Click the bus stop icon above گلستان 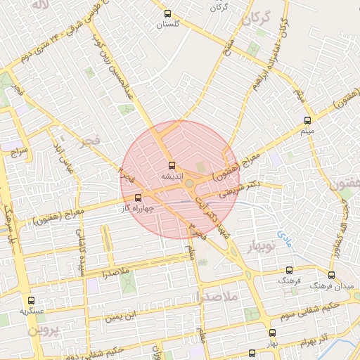[x=167, y=13]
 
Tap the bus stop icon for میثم [x=307, y=120]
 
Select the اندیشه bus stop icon [x=171, y=165]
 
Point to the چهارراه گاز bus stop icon [x=137, y=198]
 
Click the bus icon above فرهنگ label [x=289, y=270]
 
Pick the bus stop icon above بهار [x=272, y=333]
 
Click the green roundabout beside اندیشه [x=190, y=184]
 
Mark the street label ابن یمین [x=119, y=318]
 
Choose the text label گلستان [x=167, y=24]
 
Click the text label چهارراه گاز [x=137, y=209]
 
